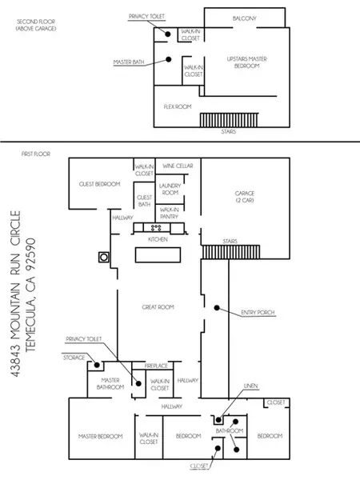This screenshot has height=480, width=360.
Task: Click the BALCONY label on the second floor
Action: coord(244,18)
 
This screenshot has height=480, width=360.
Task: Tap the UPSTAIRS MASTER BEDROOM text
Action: coord(247,62)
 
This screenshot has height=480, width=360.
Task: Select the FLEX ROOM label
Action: coord(178,107)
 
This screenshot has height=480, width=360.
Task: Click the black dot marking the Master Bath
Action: coord(168,59)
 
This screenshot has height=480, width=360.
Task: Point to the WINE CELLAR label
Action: coord(178,166)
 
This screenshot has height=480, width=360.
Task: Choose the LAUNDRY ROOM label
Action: coord(170,189)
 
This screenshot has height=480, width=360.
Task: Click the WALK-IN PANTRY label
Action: coord(170,213)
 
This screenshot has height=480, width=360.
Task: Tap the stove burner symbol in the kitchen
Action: coord(156,228)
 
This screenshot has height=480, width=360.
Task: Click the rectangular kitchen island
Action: coord(158,255)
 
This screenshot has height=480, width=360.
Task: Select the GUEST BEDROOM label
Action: coord(99,184)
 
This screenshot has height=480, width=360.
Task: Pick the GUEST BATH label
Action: coord(144,201)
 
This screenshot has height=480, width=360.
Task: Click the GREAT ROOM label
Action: coord(158,307)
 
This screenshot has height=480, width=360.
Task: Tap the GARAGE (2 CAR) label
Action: coord(245,197)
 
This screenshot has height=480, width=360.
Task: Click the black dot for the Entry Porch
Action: coord(217,308)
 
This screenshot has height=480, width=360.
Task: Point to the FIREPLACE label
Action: coord(156,366)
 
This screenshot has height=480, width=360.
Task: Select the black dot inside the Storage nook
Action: coord(97,365)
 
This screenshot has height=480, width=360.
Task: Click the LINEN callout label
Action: coord(251,386)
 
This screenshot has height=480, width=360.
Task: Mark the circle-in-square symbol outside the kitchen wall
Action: coord(104,257)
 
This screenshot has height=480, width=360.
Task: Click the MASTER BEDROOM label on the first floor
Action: coord(101,436)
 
